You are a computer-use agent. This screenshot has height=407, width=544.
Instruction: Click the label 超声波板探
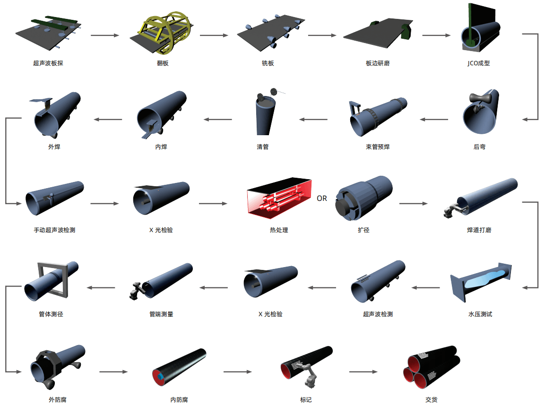[48, 63]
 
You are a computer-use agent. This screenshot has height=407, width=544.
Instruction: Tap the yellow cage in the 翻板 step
[166, 33]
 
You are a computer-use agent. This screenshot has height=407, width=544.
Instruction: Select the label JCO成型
[478, 63]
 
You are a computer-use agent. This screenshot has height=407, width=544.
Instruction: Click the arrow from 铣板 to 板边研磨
[322, 35]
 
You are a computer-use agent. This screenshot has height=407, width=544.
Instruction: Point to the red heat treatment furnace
[279, 198]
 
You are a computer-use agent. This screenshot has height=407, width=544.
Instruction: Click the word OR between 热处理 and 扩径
[322, 198]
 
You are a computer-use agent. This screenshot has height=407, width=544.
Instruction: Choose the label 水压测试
[480, 314]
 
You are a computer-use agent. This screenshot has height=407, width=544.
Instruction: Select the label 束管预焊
[378, 147]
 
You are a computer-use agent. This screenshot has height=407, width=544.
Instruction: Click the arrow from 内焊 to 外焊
[108, 120]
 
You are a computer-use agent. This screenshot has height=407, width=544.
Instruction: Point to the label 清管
[263, 147]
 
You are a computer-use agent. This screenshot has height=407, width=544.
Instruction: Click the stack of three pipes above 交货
[431, 368]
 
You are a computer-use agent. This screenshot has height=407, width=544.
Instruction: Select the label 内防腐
[179, 400]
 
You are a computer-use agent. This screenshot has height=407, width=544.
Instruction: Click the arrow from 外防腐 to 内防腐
[113, 372]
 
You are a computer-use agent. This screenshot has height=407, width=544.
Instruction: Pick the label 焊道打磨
[479, 230]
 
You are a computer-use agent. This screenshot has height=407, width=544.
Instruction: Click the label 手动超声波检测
[54, 230]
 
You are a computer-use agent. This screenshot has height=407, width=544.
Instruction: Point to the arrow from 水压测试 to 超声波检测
[426, 287]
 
